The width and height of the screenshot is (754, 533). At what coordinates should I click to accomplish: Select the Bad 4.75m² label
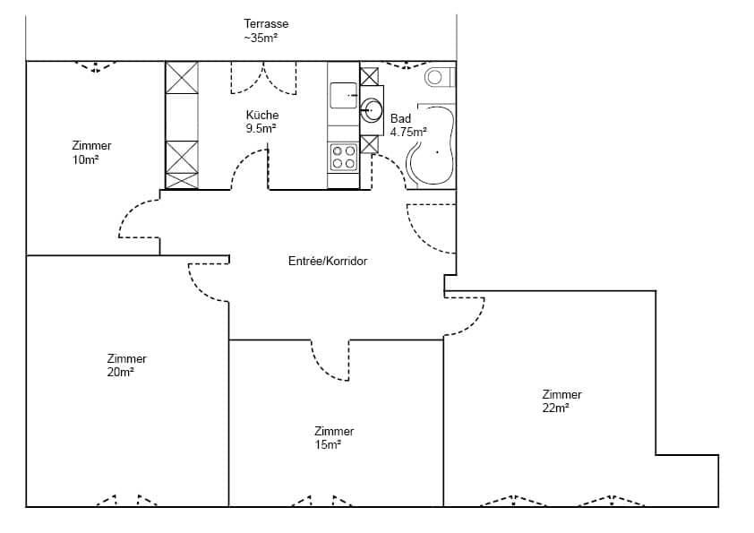[408, 125]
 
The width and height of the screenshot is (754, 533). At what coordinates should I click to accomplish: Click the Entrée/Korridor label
[328, 262]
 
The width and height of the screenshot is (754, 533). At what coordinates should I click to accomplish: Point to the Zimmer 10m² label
[91, 152]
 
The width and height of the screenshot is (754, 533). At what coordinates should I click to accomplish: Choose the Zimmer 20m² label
[126, 365]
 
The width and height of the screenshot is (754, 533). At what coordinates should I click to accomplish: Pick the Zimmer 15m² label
[334, 438]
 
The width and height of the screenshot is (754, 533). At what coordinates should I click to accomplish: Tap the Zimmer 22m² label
[561, 401]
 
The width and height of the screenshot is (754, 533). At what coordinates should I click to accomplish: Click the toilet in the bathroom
[440, 77]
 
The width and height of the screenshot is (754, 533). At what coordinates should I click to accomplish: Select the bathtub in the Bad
[431, 144]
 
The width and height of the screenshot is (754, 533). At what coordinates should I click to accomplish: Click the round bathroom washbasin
[371, 110]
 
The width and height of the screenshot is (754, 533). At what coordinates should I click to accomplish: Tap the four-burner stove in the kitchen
[343, 158]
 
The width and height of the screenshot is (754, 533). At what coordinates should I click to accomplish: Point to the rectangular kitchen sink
[343, 95]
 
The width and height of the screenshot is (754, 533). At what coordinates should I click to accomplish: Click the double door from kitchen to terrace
[263, 78]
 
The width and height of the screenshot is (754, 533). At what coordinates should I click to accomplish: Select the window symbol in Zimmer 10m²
[95, 66]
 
